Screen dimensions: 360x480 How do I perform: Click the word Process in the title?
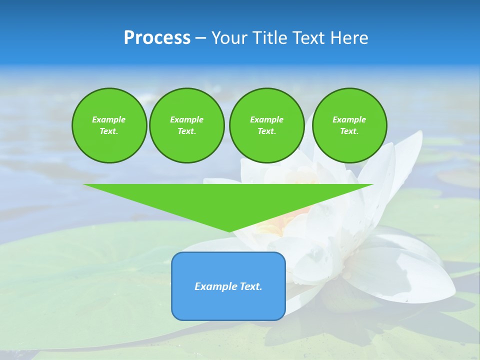(157, 38)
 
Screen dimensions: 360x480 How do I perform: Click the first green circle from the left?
(109, 125)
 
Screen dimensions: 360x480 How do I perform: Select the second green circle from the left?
(186, 125)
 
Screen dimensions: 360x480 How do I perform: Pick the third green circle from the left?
(266, 125)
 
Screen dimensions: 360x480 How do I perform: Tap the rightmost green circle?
(349, 125)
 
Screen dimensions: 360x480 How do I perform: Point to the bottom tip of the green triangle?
(229, 231)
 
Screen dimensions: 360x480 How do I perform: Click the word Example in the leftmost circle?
(109, 119)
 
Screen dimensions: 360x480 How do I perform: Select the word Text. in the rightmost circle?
(349, 131)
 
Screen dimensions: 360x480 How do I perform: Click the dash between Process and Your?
(201, 38)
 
